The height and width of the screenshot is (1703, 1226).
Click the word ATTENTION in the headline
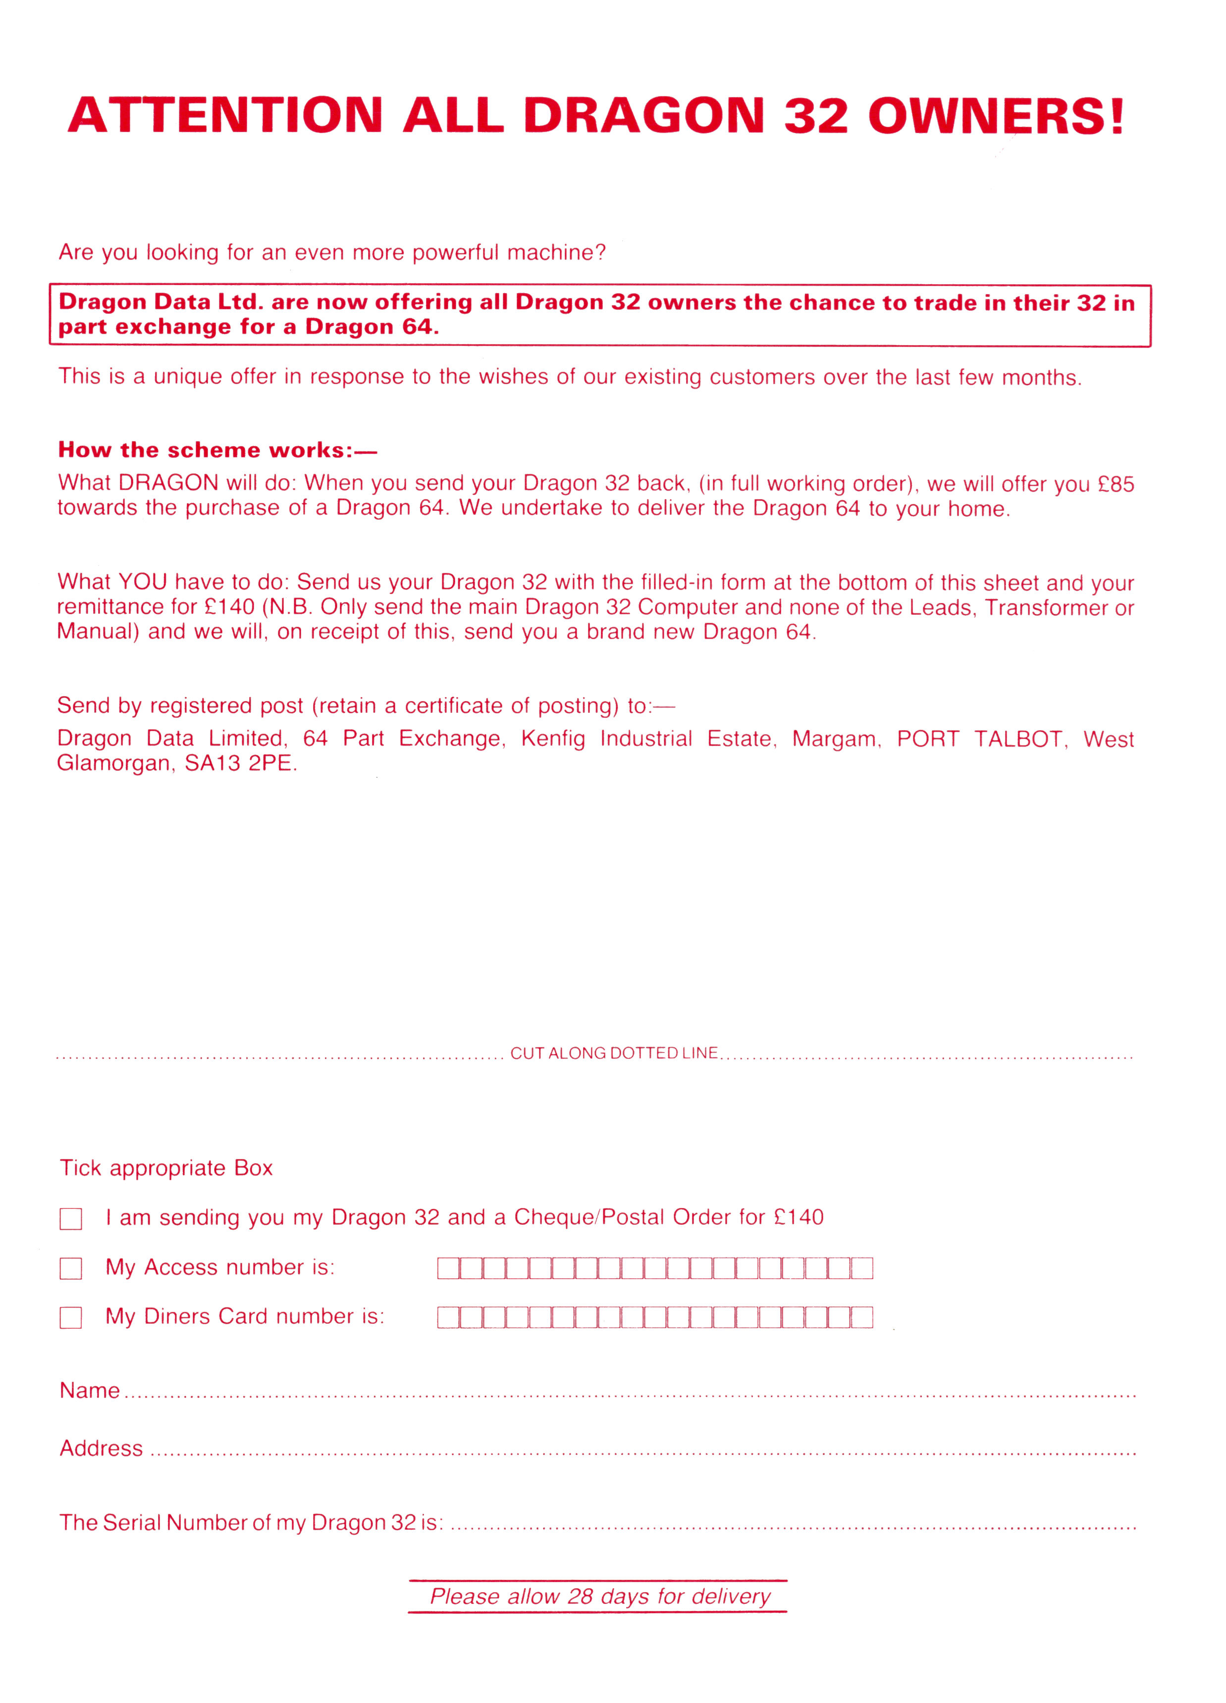[225, 116]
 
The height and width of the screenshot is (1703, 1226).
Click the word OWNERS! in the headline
[996, 116]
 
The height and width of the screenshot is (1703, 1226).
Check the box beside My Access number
[71, 1268]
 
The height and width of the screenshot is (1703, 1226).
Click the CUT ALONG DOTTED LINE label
[614, 1052]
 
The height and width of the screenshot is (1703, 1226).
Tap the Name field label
[89, 1391]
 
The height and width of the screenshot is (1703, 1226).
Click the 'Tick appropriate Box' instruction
[166, 1168]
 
